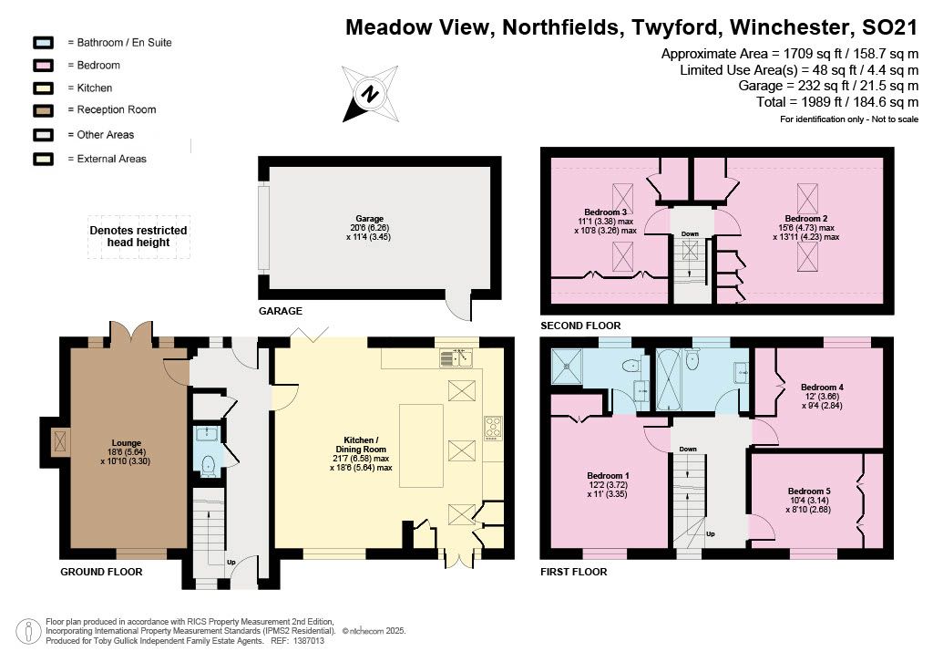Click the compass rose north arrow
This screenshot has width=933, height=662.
[x=370, y=94]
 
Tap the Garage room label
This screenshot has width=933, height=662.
[x=369, y=219]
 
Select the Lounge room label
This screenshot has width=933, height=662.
[x=126, y=443]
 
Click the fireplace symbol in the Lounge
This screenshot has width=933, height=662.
[x=59, y=442]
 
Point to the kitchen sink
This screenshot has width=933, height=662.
[x=456, y=357]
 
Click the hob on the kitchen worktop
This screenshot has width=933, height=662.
[x=493, y=428]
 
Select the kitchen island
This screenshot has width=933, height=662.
[x=421, y=446]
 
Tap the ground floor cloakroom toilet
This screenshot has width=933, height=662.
[x=208, y=466]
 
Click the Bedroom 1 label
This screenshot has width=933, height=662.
[x=608, y=476]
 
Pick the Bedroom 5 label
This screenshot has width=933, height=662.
[x=809, y=491]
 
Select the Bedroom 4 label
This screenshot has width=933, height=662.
[x=822, y=387]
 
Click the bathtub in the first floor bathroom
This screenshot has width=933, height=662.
[x=669, y=380]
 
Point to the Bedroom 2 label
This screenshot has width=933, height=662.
[x=805, y=219]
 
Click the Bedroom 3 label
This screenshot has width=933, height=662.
[x=605, y=212]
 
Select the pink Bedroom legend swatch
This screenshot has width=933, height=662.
[x=44, y=66]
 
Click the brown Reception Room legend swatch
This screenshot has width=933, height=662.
[x=44, y=110]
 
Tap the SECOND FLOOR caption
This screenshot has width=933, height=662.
[x=580, y=326]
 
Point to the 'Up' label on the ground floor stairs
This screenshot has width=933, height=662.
[x=231, y=562]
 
